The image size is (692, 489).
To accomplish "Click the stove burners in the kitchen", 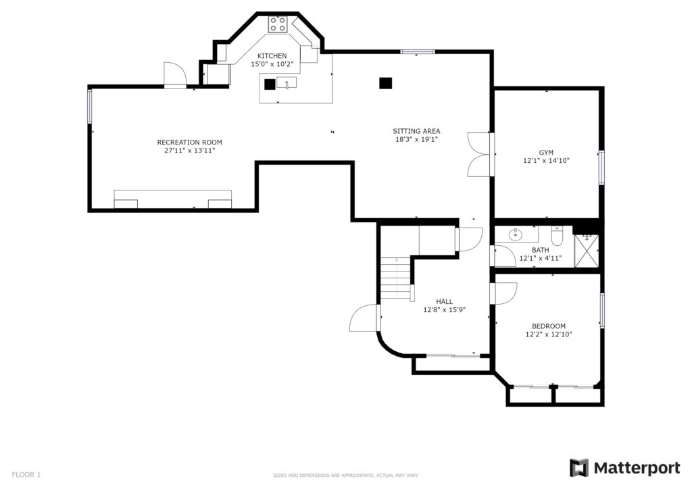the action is (278, 24).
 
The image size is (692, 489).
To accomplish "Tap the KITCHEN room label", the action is (272, 56).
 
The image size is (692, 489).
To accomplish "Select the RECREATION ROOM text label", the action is (190, 143).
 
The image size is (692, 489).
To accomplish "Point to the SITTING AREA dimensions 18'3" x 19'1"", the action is (416, 139).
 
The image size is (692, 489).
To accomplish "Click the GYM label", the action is (546, 153).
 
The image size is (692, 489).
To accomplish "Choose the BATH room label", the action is (541, 251).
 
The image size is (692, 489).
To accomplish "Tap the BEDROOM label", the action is (549, 326).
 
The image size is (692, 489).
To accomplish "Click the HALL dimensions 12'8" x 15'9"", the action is (445, 310).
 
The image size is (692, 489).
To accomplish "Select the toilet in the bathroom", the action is (557, 236).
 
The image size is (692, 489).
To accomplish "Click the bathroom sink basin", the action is (516, 235).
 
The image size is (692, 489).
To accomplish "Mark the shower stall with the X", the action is (587, 251).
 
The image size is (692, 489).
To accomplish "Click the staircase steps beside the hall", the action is (396, 278).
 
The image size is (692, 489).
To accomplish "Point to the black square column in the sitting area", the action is (386, 83).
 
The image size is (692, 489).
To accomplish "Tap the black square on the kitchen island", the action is (270, 84).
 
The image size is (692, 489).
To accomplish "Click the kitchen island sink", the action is (287, 83).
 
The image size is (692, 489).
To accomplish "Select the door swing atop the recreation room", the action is (175, 75).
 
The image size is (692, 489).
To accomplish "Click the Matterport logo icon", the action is (579, 468).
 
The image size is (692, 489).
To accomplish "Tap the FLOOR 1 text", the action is (26, 475).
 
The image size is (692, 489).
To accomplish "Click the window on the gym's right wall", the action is (601, 167).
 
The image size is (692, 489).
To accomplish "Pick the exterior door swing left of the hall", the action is (364, 318).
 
